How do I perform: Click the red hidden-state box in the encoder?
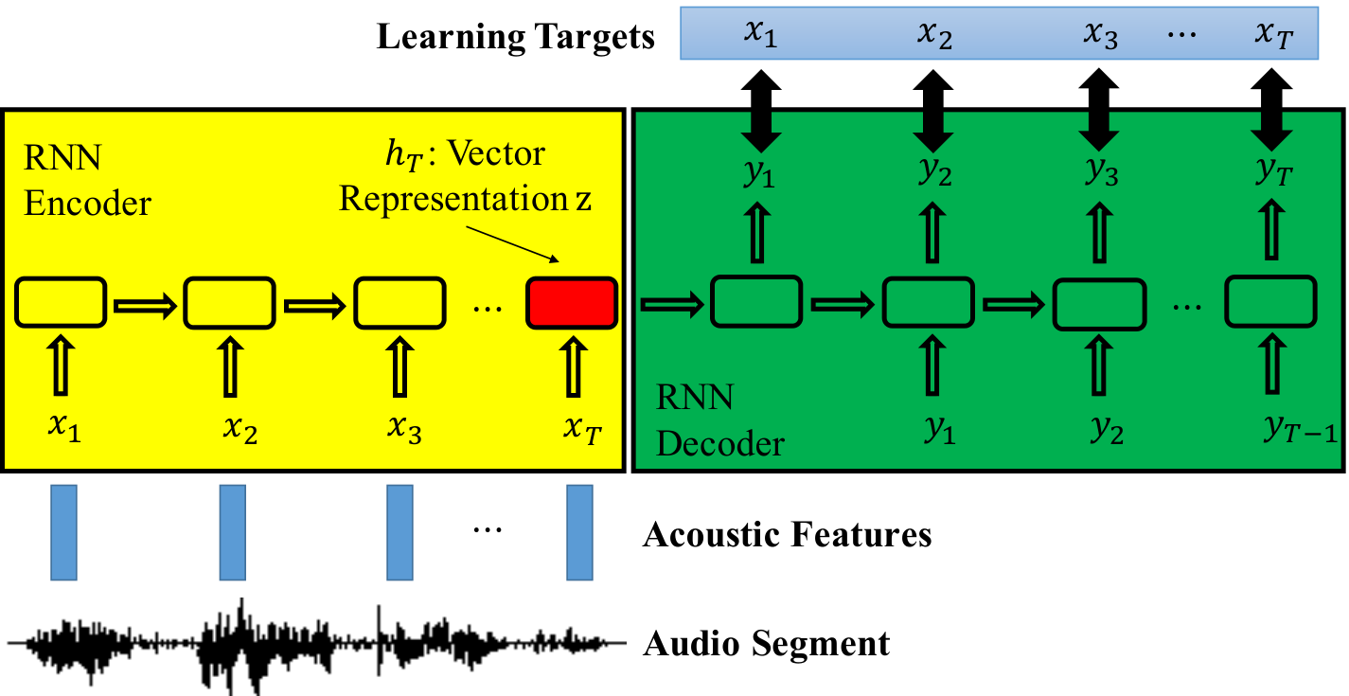coord(572,302)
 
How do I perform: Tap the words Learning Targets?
coord(516,37)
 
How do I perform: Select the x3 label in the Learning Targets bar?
coord(1100,34)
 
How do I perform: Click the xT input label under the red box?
coord(582,429)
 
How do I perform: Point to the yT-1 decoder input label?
coord(1300,430)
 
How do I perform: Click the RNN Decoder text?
coord(719,420)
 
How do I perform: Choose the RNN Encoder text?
coord(87,180)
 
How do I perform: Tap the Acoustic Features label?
coord(787,534)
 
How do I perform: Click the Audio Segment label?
coord(766,644)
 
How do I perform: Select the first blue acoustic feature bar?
coord(63,533)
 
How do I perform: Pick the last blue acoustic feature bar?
coord(579,533)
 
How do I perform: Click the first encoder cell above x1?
coord(61,302)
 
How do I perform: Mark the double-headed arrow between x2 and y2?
coord(932,110)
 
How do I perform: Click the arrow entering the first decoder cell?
coord(672,304)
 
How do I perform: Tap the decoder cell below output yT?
coord(1270,301)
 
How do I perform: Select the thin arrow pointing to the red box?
coord(512,244)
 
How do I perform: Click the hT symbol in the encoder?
coord(403,155)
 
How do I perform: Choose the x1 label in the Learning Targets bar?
coord(760,33)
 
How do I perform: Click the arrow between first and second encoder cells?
coord(145,306)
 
